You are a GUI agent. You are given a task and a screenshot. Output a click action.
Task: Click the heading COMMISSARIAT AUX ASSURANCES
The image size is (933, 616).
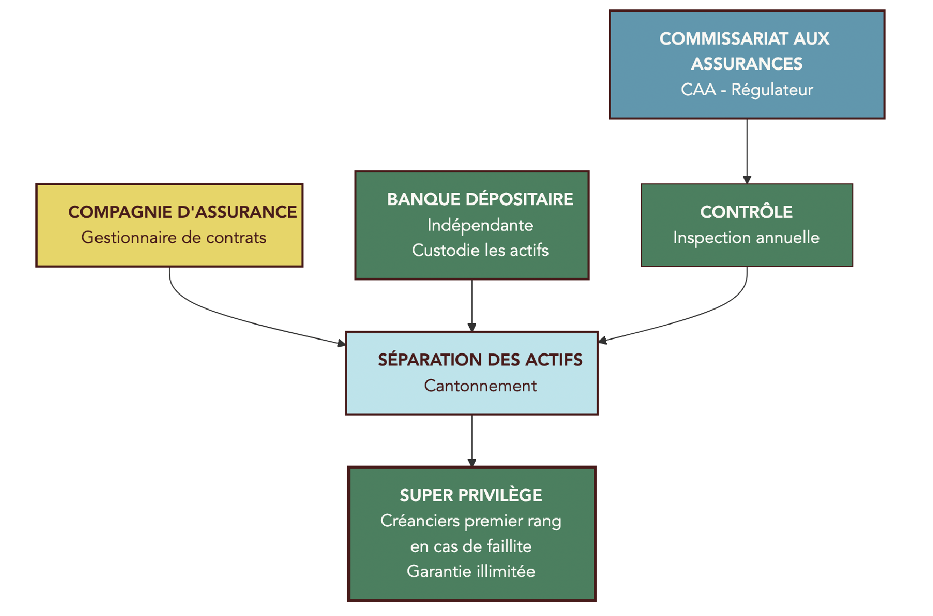746,51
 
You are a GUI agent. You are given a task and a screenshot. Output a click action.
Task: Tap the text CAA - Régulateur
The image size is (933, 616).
747,89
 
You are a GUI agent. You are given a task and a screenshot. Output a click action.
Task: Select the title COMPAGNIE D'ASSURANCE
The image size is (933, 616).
182,212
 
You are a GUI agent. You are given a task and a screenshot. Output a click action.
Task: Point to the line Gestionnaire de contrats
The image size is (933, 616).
174,238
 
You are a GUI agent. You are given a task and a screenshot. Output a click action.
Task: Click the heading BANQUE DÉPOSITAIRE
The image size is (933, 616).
480,199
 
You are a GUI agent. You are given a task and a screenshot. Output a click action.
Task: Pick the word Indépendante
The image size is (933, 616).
480,225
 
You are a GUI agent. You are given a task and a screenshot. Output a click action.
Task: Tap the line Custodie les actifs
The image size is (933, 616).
480,250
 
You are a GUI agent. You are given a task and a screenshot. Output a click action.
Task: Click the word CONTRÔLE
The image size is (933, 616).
746,212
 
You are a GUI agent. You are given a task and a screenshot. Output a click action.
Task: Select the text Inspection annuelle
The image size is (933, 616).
746,238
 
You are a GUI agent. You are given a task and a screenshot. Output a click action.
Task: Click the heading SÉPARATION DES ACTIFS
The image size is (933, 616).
480,360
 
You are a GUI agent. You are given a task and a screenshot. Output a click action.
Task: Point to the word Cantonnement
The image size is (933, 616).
480,385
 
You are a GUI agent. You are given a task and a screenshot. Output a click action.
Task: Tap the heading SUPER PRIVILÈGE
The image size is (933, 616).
471,495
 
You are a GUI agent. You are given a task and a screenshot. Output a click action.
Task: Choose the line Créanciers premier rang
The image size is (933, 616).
471,520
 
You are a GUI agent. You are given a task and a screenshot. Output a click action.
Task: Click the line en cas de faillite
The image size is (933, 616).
471,546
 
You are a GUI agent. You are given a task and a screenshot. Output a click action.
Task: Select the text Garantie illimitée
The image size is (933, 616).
471,571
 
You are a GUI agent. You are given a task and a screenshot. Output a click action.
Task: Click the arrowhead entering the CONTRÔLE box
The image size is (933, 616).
747,180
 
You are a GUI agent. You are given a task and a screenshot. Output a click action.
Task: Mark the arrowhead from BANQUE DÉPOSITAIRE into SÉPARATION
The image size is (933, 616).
472,327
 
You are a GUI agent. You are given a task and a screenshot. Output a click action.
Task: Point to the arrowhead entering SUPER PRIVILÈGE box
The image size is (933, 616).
472,463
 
